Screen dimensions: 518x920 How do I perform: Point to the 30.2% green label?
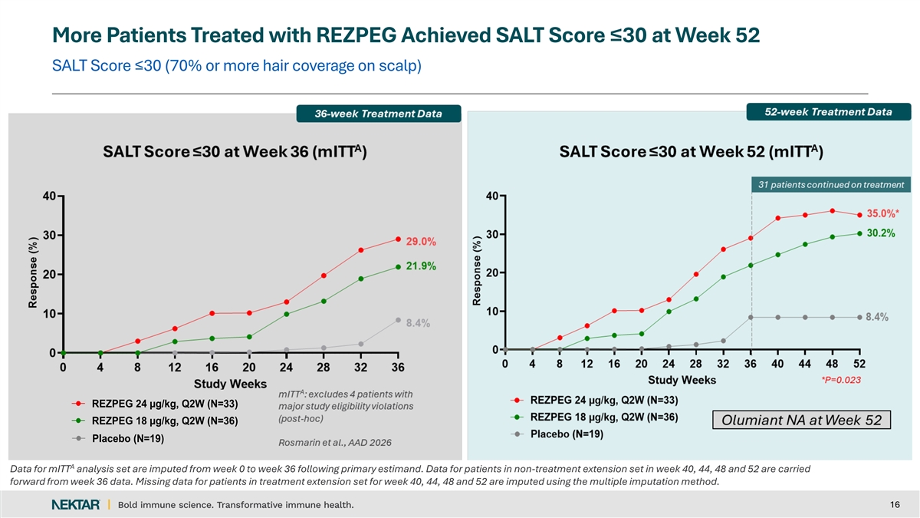tap(881, 233)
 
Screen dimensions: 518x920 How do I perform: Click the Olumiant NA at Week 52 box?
tap(801, 420)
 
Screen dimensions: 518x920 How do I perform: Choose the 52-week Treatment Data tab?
tap(827, 112)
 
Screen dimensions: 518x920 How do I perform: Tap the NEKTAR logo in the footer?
tap(75, 504)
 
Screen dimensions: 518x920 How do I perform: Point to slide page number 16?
tap(894, 504)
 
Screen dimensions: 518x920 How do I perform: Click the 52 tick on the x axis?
tap(859, 363)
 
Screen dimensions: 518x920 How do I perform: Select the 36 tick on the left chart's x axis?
tap(398, 368)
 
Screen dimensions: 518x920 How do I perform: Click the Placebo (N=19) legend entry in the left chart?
tap(127, 439)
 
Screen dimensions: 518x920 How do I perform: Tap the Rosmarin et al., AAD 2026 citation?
tap(329, 443)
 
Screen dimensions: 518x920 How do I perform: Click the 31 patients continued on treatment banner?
tap(830, 184)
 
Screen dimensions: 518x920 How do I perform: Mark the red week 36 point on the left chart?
tap(398, 239)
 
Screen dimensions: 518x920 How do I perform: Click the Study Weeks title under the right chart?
tap(682, 380)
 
